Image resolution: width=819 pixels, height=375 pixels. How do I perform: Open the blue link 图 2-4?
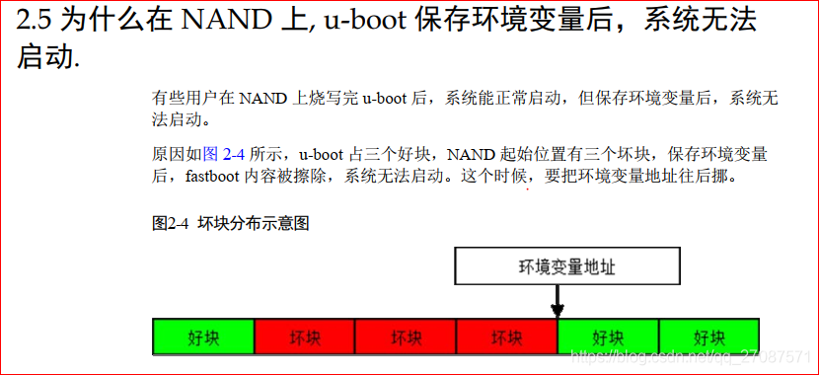[223, 154]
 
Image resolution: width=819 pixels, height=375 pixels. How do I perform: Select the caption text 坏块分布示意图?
[254, 223]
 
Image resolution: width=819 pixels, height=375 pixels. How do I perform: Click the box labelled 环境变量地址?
[568, 266]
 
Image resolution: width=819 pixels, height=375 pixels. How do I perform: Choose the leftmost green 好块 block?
[203, 337]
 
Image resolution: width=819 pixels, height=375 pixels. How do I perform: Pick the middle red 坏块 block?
[406, 337]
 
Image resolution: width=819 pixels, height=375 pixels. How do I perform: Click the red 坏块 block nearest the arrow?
[506, 337]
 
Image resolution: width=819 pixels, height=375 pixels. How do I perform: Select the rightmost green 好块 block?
[708, 337]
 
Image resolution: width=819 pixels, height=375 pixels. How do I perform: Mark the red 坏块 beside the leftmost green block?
[305, 337]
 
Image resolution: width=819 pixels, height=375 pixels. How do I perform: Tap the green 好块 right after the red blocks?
[608, 337]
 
